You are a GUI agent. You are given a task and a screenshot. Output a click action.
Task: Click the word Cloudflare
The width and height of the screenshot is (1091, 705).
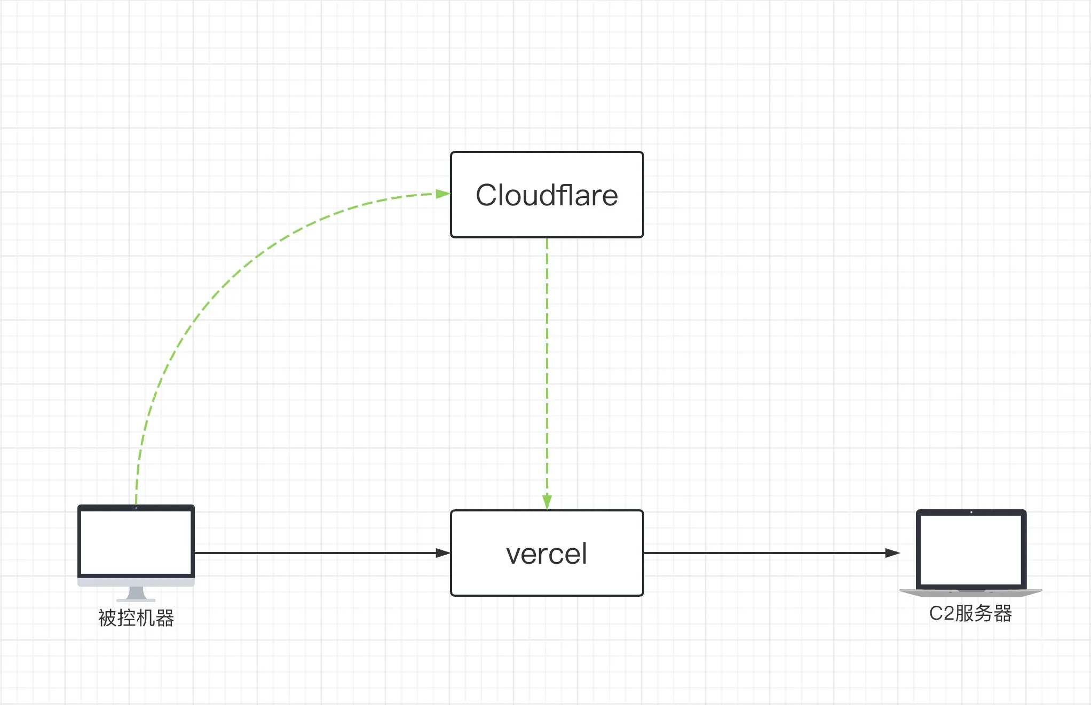[x=547, y=195]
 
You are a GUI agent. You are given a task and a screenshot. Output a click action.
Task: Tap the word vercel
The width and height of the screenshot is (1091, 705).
[x=547, y=554]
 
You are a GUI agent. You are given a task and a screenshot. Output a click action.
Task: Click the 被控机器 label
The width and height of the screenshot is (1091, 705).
[x=136, y=618]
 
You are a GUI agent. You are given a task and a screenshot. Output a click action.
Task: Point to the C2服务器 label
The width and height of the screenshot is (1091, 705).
[x=970, y=613]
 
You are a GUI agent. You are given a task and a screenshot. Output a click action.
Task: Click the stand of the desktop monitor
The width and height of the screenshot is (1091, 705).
[x=136, y=594]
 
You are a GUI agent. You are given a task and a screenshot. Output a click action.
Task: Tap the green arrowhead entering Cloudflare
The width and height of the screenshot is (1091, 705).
[x=442, y=194]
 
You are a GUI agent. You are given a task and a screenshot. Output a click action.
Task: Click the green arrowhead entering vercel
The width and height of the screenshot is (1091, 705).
[x=547, y=501]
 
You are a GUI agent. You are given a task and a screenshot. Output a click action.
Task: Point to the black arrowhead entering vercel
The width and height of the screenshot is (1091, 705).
[x=442, y=553]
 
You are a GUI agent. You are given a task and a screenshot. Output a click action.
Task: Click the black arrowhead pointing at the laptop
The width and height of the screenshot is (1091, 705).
[x=892, y=553]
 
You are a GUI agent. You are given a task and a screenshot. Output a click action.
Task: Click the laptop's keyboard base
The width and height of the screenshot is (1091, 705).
[x=971, y=592]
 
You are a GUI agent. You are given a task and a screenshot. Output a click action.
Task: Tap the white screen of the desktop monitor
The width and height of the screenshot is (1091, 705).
[x=136, y=542]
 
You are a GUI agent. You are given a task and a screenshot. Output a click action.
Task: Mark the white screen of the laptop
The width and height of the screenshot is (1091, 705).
[x=971, y=549]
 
